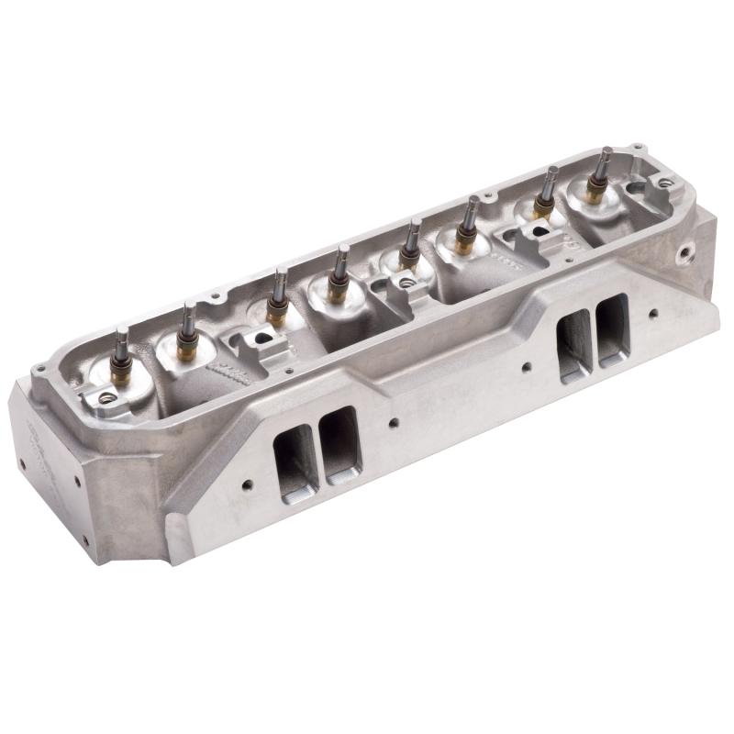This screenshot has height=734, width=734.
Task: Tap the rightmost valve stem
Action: click(603, 165)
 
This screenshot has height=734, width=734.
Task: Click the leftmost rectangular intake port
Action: click(295, 454)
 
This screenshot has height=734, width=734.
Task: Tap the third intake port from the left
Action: click(573, 344)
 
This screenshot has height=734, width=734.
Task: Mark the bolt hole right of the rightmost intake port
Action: click(652, 314)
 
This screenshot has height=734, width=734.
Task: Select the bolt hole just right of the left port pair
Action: click(392, 423)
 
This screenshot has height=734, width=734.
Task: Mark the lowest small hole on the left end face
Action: click(85, 539)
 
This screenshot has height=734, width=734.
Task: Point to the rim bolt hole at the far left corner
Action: click(39, 371)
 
